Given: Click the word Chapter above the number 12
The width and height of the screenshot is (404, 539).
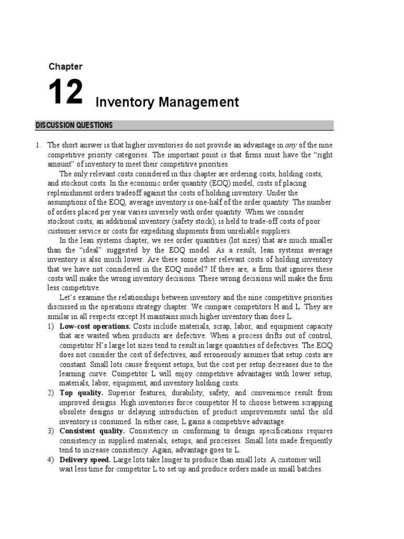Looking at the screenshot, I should [x=66, y=66].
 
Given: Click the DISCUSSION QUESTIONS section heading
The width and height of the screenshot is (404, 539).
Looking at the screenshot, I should [x=74, y=125].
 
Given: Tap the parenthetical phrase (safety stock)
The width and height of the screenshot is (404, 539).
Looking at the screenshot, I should [x=194, y=221].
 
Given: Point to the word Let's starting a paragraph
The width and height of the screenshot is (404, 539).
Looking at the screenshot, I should [x=68, y=297].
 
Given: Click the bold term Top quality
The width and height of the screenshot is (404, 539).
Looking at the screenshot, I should [x=78, y=393].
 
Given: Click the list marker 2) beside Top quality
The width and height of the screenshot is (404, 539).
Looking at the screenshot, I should [x=50, y=393].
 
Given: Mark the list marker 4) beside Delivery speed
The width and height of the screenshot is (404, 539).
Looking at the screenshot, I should [x=50, y=460].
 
